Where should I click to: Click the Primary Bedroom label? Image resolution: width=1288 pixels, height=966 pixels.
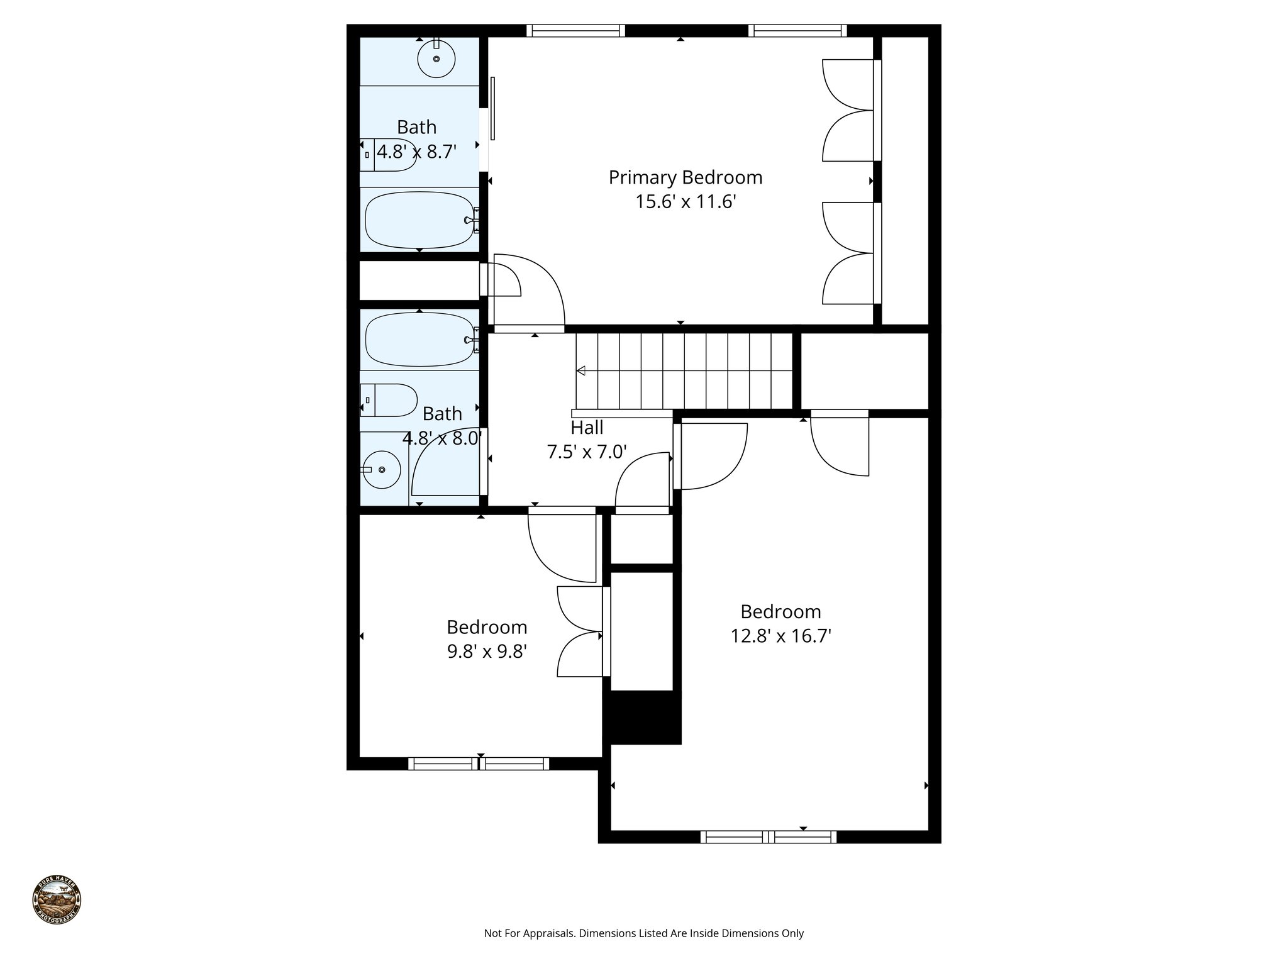(685, 177)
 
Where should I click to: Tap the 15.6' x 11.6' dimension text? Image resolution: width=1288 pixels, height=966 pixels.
(685, 202)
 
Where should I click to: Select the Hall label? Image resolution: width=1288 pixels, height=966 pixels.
(587, 428)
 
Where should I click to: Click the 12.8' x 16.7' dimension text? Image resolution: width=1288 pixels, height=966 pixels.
(780, 636)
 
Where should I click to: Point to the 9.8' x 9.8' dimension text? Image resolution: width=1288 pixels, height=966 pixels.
(487, 652)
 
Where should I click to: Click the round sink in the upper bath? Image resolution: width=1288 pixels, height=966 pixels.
(436, 58)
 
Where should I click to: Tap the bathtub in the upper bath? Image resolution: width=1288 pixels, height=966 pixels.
(420, 220)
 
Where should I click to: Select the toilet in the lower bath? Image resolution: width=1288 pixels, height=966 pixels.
(390, 400)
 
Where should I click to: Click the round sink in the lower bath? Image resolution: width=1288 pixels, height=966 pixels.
(382, 470)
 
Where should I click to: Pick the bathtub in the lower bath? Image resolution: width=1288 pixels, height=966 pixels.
(420, 340)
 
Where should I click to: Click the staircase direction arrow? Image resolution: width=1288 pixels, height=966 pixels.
(581, 371)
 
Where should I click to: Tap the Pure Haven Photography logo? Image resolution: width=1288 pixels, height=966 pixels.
(57, 900)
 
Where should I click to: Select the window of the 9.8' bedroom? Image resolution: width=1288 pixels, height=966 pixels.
(479, 763)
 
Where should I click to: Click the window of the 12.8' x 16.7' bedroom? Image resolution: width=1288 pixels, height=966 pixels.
(768, 836)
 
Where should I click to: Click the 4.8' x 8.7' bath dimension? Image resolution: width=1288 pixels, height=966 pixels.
(416, 152)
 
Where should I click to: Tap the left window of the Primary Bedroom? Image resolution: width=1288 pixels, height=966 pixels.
(575, 30)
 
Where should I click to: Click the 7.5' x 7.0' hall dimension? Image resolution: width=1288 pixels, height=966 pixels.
(587, 452)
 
